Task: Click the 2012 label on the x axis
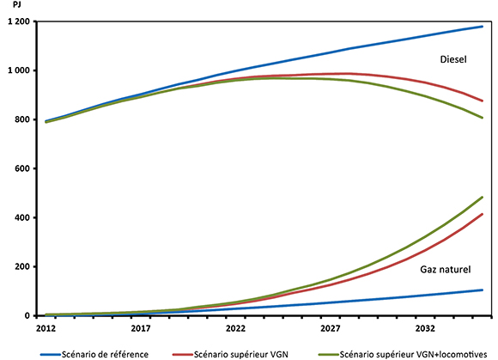pos(47,328)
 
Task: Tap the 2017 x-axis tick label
pos(141,328)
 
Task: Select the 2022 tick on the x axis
pos(235,328)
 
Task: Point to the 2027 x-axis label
pos(330,328)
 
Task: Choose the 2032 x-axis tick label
pos(423,328)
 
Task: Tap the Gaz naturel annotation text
pos(446,270)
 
